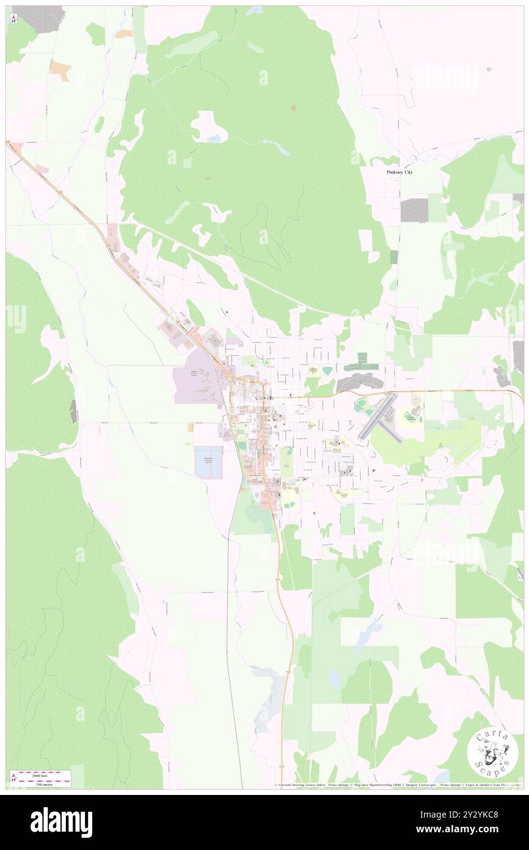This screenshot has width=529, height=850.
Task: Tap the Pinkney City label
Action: pos(399,172)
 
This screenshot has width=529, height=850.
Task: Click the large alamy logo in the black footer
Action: pos(61,822)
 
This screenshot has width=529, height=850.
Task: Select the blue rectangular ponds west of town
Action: pos(208,462)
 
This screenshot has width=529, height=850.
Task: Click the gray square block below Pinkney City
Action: pos(414,210)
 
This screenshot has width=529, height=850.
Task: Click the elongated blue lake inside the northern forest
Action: pos(275,147)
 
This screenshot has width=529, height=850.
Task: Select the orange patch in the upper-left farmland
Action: pos(60,70)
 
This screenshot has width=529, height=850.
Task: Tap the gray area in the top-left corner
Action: pos(38,19)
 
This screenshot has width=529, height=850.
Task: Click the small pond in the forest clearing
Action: pos(212,139)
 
